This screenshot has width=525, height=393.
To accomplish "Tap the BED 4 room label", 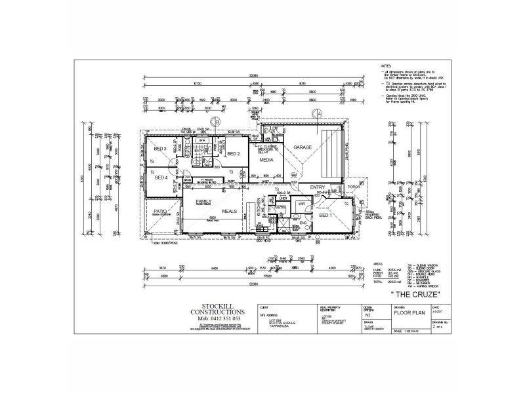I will pyautogui.click(x=161, y=178).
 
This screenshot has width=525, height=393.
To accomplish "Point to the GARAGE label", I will pyautogui.click(x=302, y=147).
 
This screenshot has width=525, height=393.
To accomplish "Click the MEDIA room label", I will pyautogui.click(x=266, y=160).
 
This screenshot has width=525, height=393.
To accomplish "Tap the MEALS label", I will pyautogui.click(x=230, y=212).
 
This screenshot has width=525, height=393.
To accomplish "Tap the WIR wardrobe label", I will pyautogui.click(x=303, y=204).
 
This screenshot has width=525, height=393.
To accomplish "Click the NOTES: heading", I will pyautogui.click(x=386, y=67).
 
